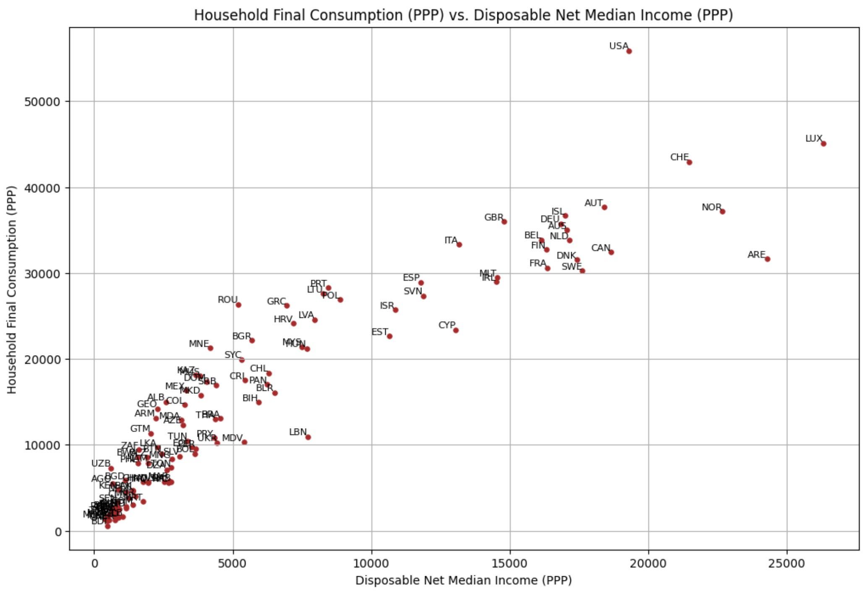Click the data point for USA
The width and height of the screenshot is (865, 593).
[x=629, y=51]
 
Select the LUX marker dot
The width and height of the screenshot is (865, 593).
[x=823, y=144]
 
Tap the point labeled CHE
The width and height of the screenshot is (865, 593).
[x=689, y=162]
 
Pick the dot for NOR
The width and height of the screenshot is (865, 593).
[x=722, y=211]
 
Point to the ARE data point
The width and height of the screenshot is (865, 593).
[x=767, y=259]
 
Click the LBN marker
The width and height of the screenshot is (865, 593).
[x=308, y=437]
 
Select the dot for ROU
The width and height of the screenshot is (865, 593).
[x=238, y=305]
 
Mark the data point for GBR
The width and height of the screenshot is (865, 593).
[x=504, y=222]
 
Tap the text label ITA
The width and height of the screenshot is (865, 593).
[x=451, y=240]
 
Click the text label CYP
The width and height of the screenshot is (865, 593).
[x=447, y=325]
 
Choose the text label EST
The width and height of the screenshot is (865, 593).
[x=379, y=332]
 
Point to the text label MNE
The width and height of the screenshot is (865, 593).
[x=199, y=344]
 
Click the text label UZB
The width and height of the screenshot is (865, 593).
[x=101, y=463]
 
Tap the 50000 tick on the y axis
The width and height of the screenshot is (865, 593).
[x=42, y=102]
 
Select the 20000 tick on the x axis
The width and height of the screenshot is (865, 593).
[x=648, y=563]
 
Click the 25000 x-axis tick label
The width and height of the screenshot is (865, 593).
[x=787, y=563]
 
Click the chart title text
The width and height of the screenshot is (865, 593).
[x=463, y=15]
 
